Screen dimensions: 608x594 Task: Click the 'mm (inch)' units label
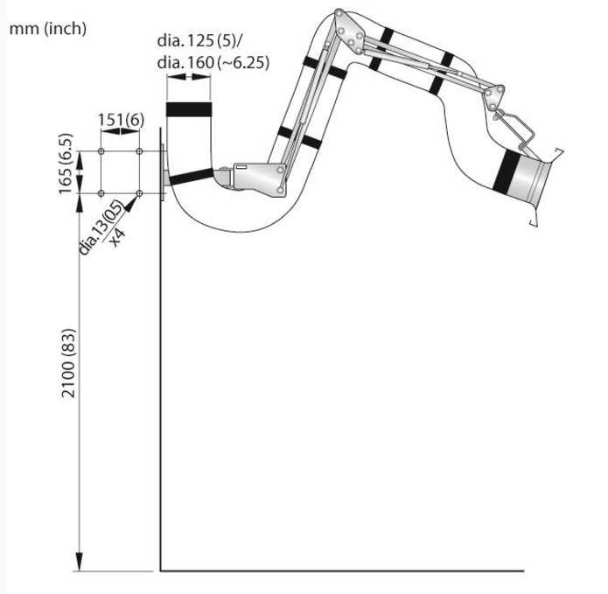[x=48, y=29]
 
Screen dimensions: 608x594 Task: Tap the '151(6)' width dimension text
[x=121, y=120]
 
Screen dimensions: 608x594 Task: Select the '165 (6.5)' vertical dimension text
[x=65, y=164]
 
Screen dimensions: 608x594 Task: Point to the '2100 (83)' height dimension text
[x=68, y=363]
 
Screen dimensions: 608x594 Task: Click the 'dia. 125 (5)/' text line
[x=199, y=40]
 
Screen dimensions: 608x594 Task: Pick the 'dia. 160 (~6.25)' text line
[x=213, y=62]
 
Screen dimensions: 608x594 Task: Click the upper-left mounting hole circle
[x=101, y=151]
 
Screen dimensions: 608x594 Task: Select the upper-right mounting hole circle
[x=140, y=151]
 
